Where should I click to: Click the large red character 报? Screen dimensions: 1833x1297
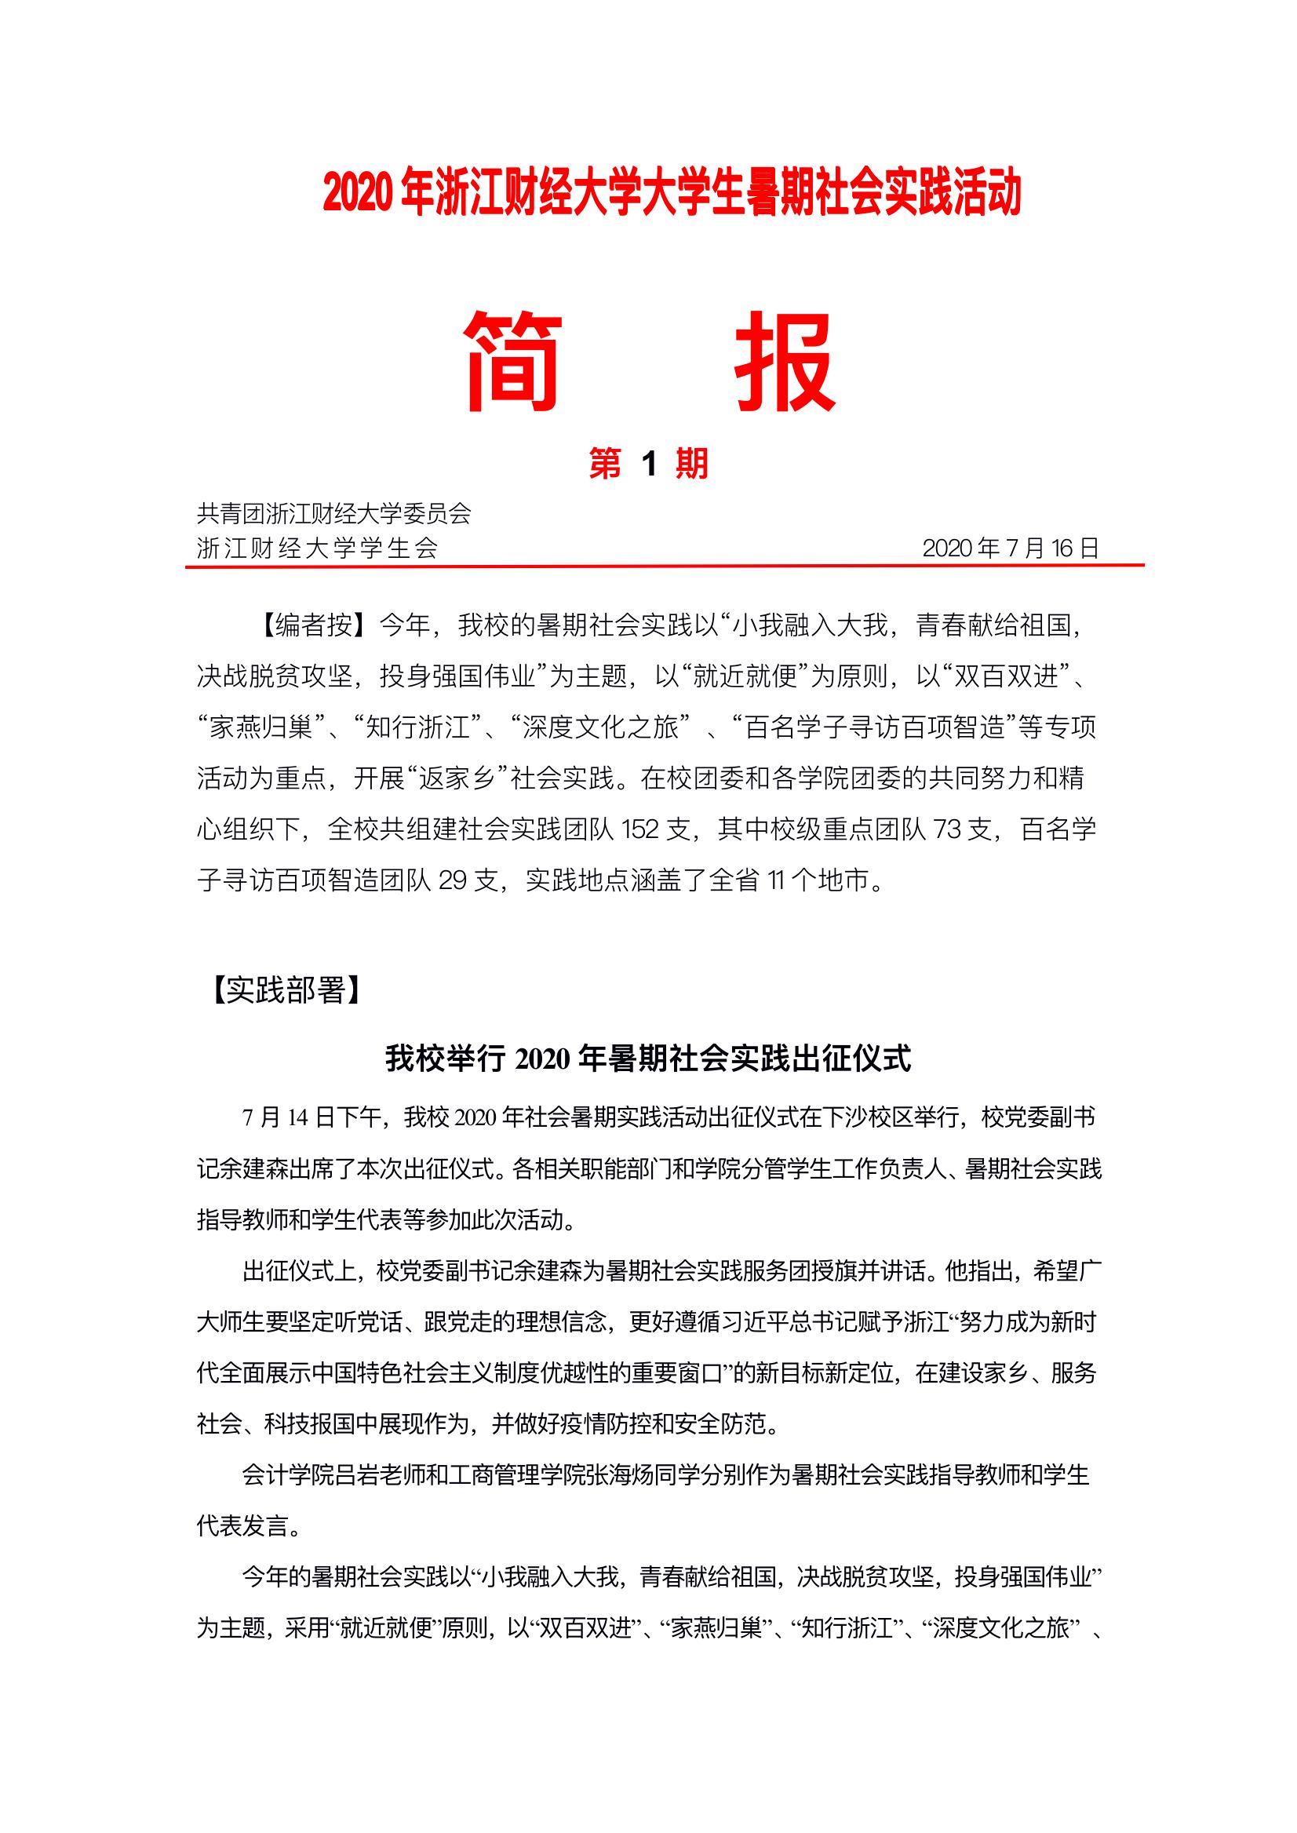click(785, 362)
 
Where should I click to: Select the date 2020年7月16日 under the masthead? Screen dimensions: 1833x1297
click(1011, 548)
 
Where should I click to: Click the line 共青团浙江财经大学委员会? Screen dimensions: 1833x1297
click(333, 512)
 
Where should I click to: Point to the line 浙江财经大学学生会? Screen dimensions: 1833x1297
click(317, 548)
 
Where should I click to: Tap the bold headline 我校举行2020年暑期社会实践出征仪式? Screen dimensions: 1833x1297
click(648, 1059)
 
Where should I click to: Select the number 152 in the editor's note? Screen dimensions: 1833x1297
click(639, 830)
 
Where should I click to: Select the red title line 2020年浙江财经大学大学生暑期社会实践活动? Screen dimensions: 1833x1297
click(672, 194)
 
